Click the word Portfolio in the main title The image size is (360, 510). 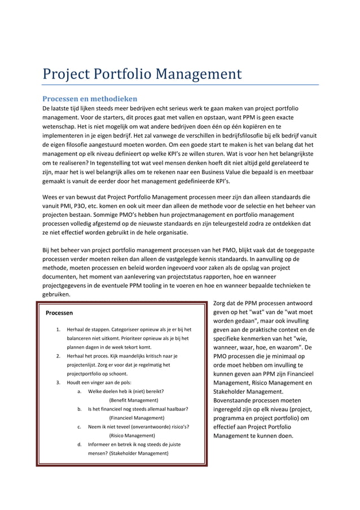121,74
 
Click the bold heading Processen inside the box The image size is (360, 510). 59,312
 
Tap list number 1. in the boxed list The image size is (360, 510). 58,329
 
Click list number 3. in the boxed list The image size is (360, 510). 58,383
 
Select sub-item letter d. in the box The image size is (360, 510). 80,444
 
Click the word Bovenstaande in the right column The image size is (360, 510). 236,400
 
